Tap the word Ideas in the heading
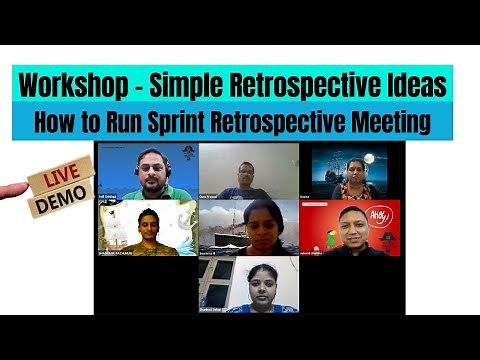pos(411,83)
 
